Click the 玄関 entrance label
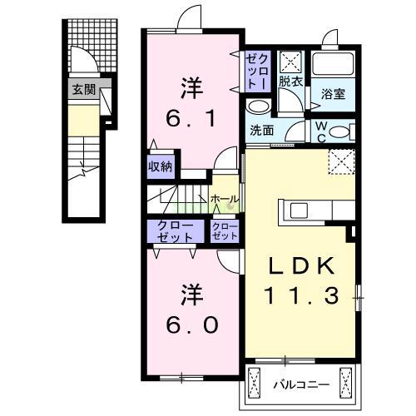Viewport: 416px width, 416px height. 82,90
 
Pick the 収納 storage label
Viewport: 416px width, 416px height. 161,166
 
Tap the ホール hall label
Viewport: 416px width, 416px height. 224,200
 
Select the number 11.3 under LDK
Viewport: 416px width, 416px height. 303,295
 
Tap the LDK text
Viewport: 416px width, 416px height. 301,266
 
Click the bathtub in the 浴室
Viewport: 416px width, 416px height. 334,67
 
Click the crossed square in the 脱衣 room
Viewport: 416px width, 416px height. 290,61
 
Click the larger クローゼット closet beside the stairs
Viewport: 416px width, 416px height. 173,230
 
